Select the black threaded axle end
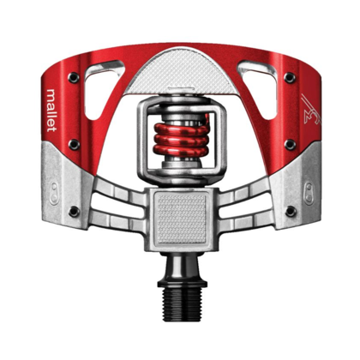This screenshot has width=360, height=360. (x=180, y=303)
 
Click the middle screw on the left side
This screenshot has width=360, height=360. (x=72, y=144)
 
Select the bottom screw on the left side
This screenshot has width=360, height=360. (x=73, y=211)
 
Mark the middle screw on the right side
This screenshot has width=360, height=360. (x=289, y=144)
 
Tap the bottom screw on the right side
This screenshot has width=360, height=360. (x=290, y=211)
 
